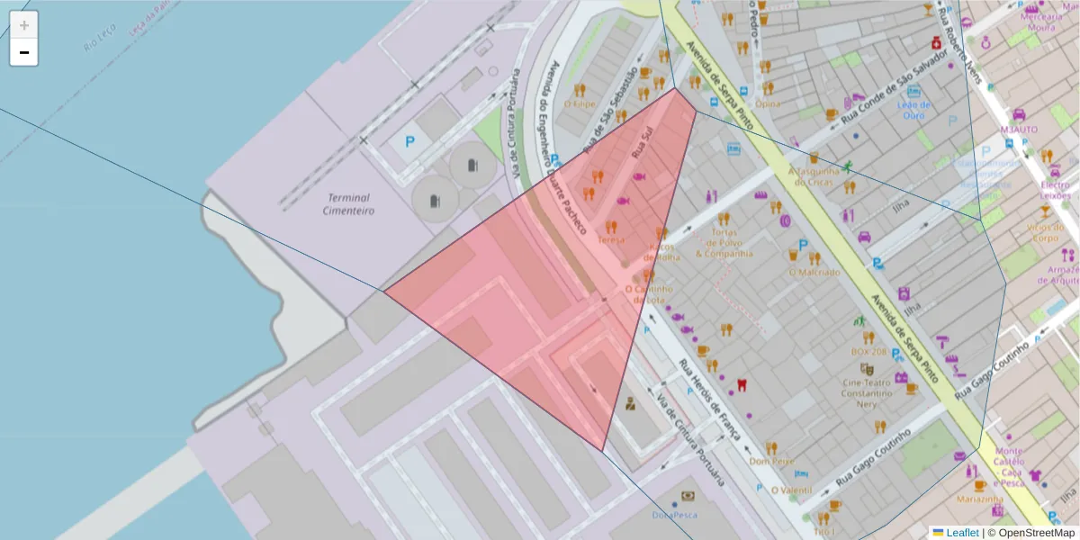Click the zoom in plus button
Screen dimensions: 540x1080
click(24, 25)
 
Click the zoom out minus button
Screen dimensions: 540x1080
click(24, 52)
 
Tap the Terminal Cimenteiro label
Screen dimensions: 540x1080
click(350, 204)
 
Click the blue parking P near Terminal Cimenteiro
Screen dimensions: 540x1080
click(409, 141)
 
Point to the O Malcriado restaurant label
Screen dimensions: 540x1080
click(814, 272)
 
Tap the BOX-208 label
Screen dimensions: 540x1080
click(868, 351)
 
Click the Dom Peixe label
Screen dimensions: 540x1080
click(771, 461)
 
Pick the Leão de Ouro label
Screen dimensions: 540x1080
click(913, 110)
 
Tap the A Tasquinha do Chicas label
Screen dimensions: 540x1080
click(813, 175)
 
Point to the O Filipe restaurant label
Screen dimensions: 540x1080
click(580, 103)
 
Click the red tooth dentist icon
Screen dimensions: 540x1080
click(742, 383)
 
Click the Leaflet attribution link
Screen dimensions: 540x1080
click(961, 533)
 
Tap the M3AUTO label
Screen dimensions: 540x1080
click(1019, 129)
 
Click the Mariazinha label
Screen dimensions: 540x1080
click(980, 499)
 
